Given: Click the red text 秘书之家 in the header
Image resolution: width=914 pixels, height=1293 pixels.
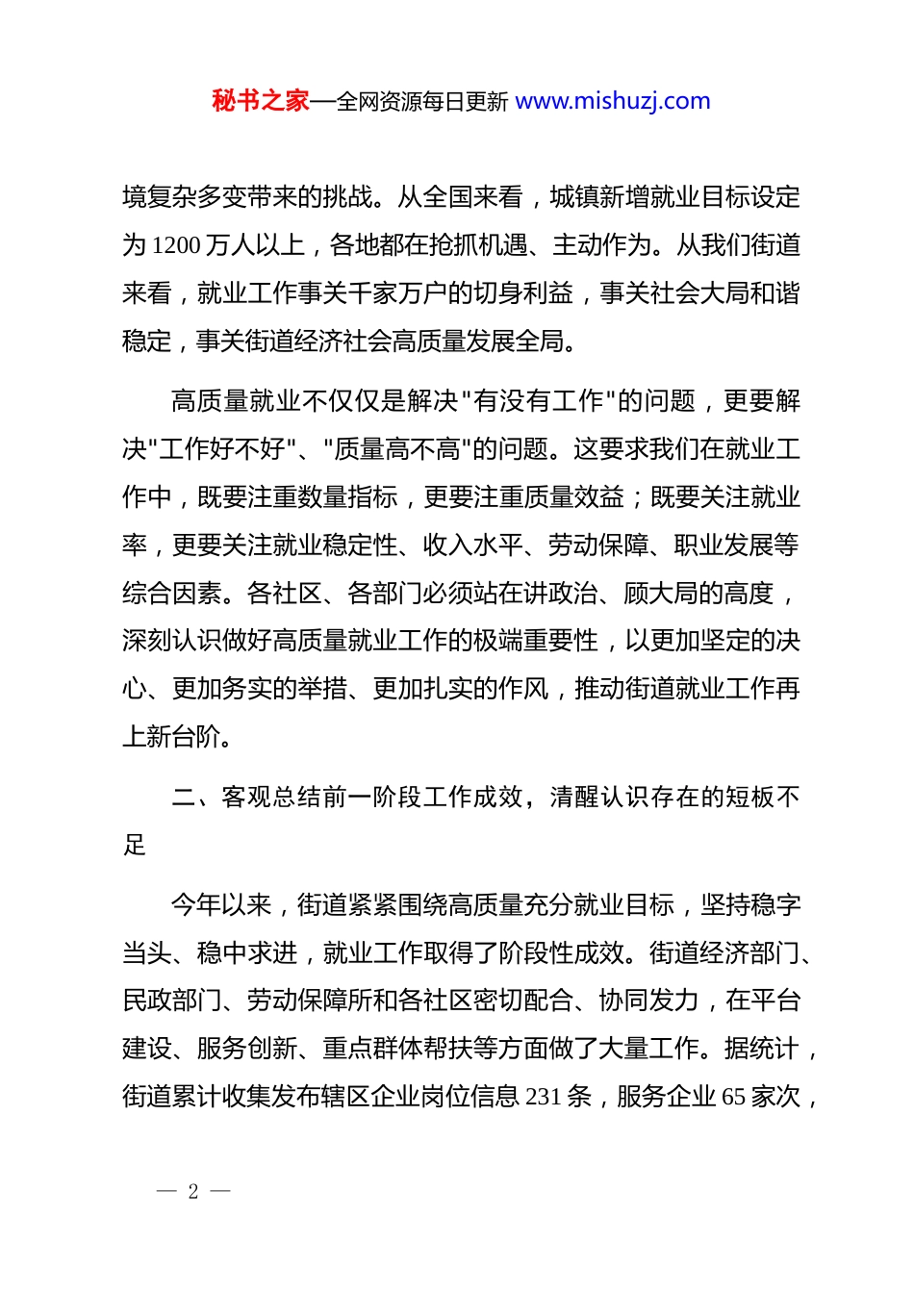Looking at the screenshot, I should tap(261, 101).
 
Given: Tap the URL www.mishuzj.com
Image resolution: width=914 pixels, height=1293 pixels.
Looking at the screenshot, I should tap(613, 101).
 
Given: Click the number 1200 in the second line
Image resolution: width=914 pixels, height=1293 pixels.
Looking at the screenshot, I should tap(176, 246).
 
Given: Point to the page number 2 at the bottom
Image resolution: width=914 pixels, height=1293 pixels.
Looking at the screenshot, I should tap(193, 1192).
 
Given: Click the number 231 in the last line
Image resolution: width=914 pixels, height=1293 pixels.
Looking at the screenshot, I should tap(544, 1097).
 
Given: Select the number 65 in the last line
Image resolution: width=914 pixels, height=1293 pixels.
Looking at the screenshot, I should tap(733, 1097).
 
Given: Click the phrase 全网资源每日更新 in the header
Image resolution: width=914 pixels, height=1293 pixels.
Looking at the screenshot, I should tap(422, 102).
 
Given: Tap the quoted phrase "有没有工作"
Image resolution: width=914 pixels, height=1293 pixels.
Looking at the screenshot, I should tap(540, 401).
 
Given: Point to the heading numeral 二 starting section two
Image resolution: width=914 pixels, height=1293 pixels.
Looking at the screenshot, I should tap(183, 798).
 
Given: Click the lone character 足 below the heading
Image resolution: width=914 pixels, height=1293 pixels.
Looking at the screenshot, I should tap(134, 846).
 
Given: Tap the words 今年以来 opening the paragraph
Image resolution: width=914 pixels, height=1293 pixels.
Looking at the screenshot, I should tap(221, 905).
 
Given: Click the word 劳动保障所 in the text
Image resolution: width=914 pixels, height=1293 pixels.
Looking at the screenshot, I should tap(308, 1001).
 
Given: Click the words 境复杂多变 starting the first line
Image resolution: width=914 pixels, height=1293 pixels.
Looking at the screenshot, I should tap(184, 198).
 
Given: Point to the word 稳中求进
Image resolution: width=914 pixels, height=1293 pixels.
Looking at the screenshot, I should tap(246, 953).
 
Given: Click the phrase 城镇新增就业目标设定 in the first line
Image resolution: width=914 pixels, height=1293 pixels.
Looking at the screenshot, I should tap(674, 198).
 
